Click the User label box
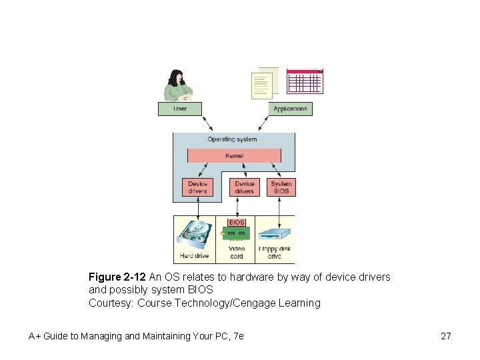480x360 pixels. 179,109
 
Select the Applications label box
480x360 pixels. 290,109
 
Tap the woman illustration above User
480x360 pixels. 178,85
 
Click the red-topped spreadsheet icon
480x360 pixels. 305,81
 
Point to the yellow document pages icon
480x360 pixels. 263,84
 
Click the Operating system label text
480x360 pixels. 232,139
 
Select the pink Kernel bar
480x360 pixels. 234,155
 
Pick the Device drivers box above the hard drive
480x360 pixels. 197,187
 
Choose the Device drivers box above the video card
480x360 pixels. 244,187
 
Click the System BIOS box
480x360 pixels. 281,187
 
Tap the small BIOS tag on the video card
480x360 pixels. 237,223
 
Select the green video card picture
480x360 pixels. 236,234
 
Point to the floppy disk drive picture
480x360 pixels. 275,236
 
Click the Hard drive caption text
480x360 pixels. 194,256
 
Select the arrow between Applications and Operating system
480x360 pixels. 263,123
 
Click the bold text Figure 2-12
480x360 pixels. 117,277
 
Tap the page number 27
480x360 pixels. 446,336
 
